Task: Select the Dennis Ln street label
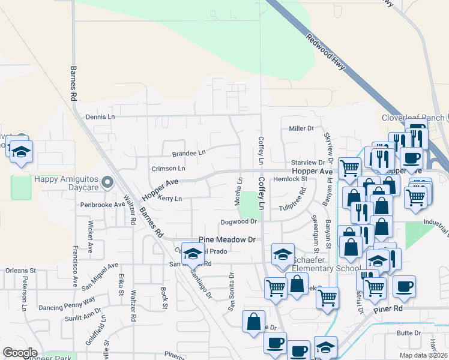click(x=100, y=117)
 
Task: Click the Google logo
click(x=20, y=352)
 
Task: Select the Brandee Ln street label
click(x=188, y=154)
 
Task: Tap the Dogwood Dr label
click(x=239, y=221)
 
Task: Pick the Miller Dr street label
click(x=301, y=128)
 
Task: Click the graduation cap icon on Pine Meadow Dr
click(x=192, y=254)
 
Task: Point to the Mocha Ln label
click(x=240, y=188)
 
